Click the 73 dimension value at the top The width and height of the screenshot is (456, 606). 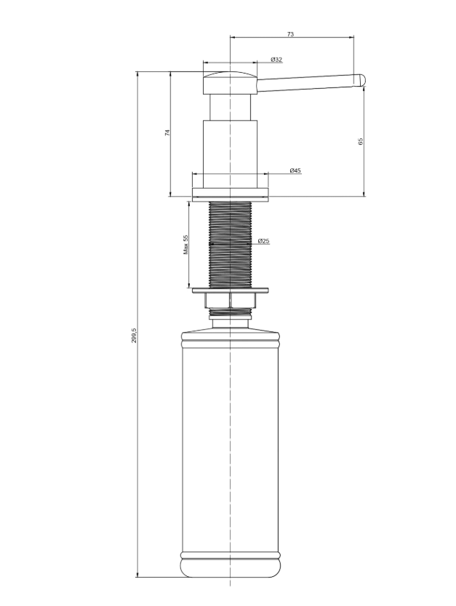pos(290,34)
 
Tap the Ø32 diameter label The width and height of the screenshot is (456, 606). pos(276,60)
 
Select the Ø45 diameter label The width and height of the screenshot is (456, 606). pos(295,170)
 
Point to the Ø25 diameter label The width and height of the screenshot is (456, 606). pos(264,241)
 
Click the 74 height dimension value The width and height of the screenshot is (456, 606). pos(167,133)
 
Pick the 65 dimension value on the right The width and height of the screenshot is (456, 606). pos(361,141)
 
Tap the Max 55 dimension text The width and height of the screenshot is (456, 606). pos(186,244)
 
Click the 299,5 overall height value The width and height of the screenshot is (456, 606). pos(134,335)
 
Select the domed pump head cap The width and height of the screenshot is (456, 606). pos(230,82)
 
